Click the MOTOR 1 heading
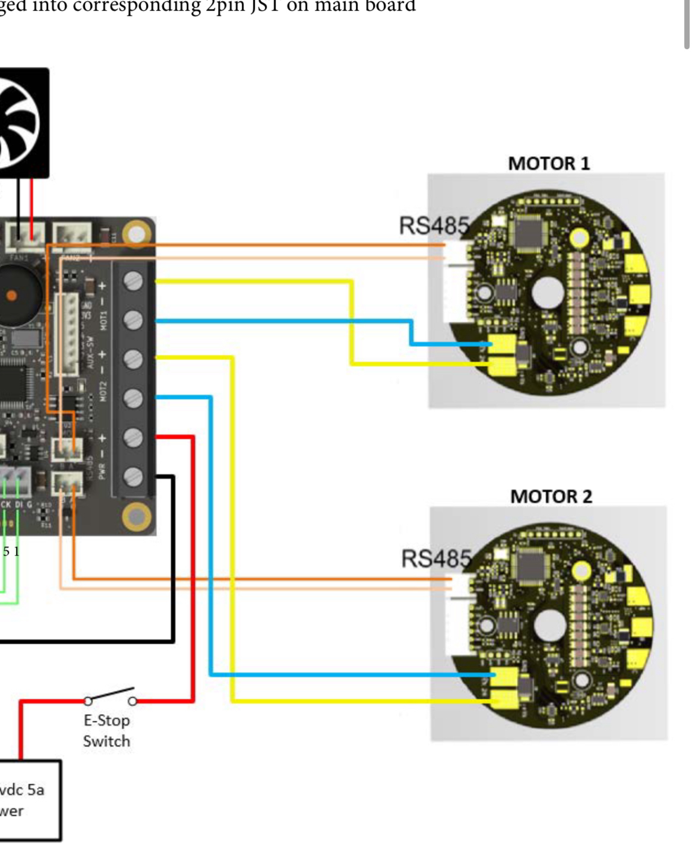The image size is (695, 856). point(549,163)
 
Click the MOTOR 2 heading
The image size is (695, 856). point(551,496)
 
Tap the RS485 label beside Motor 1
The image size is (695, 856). point(434,226)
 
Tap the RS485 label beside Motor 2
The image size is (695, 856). point(437,559)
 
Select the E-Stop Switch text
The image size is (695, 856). point(106,731)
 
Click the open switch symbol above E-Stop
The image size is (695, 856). point(110,696)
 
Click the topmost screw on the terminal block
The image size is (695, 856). point(133,281)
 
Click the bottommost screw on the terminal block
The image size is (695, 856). point(133,477)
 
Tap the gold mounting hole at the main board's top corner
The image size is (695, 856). point(137,233)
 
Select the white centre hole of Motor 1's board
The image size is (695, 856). point(547,293)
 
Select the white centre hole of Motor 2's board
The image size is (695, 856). point(549,626)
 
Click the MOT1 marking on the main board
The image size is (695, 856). point(103,320)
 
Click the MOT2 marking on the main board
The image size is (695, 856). point(103,391)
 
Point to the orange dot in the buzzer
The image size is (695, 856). point(11,295)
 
